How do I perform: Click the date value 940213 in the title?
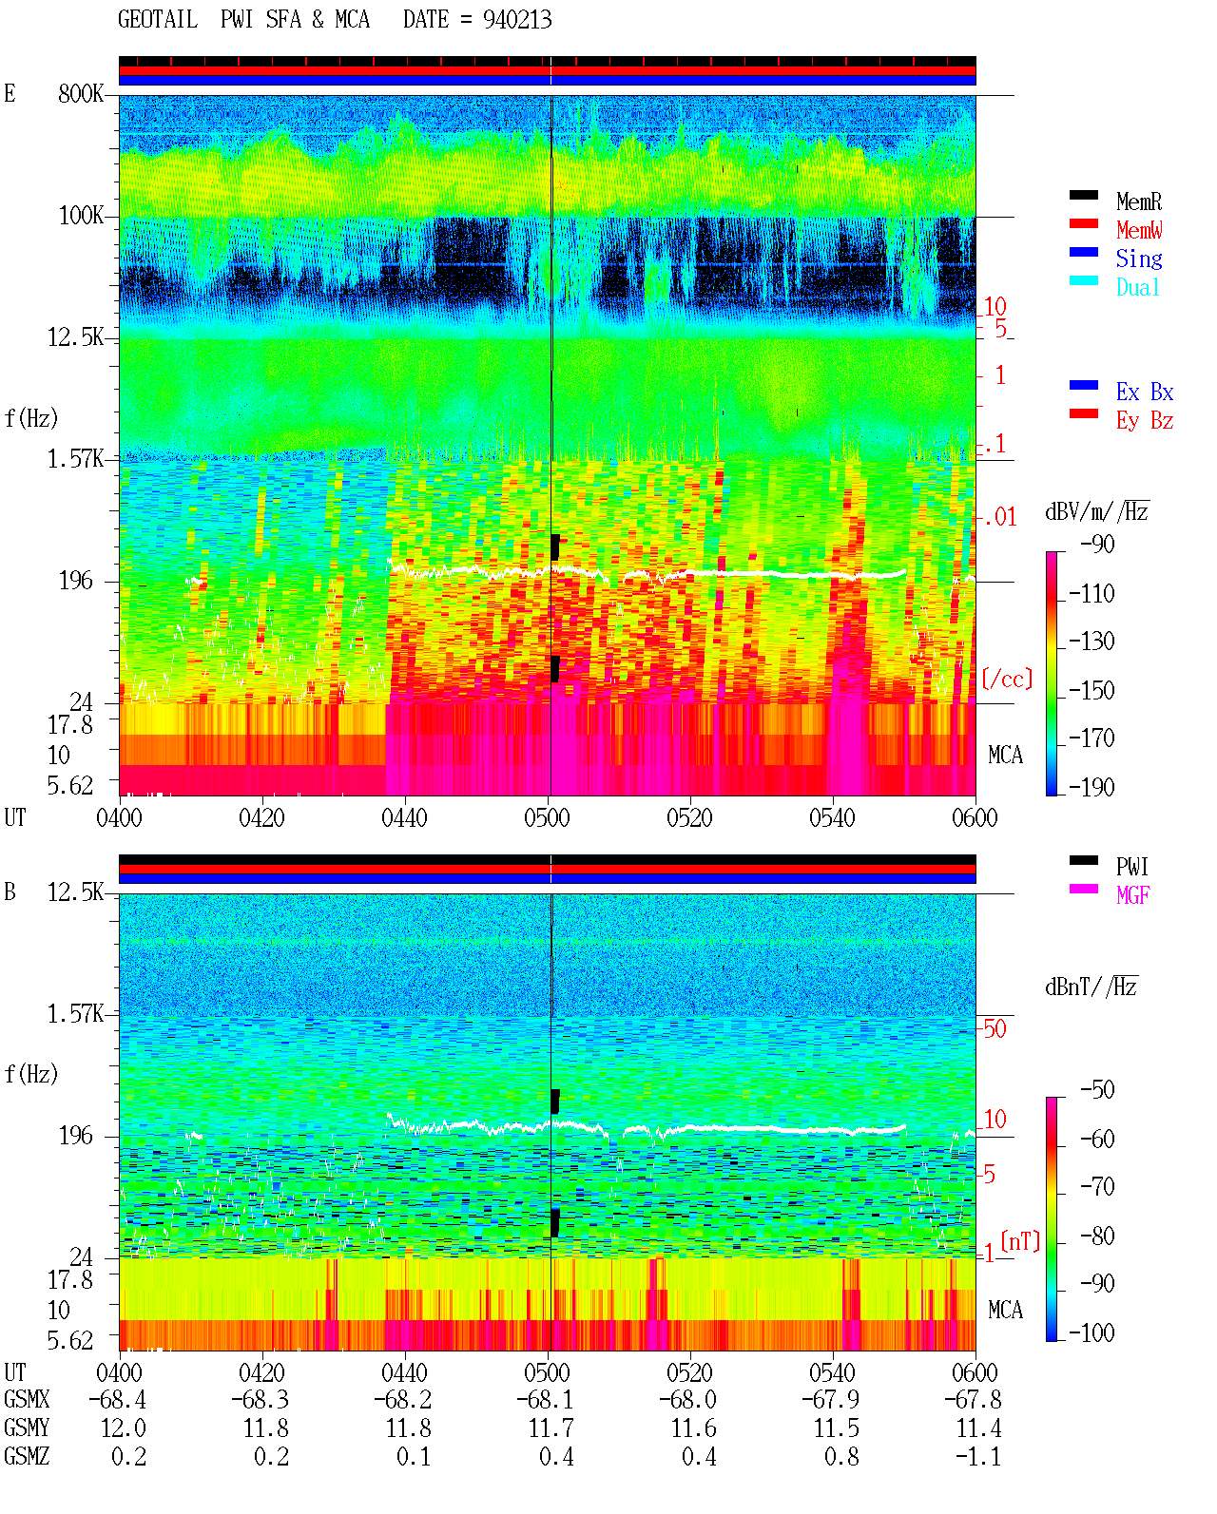tap(516, 20)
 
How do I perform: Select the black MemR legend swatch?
tap(1083, 195)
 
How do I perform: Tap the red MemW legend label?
tap(1139, 230)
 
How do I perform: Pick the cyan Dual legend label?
tap(1137, 287)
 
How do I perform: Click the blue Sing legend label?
tap(1138, 259)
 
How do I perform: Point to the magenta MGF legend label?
tap(1132, 895)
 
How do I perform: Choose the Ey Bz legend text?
tap(1145, 421)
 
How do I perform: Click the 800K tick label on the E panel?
tap(81, 93)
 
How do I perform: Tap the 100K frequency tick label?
tap(81, 216)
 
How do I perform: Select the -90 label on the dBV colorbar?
tap(1097, 544)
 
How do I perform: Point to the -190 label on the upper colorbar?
tap(1091, 787)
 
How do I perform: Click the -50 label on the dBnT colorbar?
tap(1097, 1090)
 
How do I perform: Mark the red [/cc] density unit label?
tap(1007, 679)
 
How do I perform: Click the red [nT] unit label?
tap(1020, 1242)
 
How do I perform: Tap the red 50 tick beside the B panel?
tap(995, 1029)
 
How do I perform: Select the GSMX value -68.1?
tap(545, 1400)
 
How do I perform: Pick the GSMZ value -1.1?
tap(977, 1456)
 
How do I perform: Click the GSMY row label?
tap(27, 1428)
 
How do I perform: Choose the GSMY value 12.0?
tap(124, 1428)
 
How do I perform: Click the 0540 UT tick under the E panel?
tap(832, 818)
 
